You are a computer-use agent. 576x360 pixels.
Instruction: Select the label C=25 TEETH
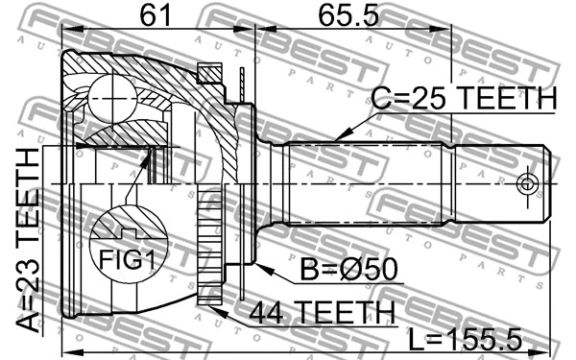point(464,99)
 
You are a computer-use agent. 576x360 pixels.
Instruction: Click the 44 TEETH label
point(322,312)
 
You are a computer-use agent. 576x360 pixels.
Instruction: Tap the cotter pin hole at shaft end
point(526,182)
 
